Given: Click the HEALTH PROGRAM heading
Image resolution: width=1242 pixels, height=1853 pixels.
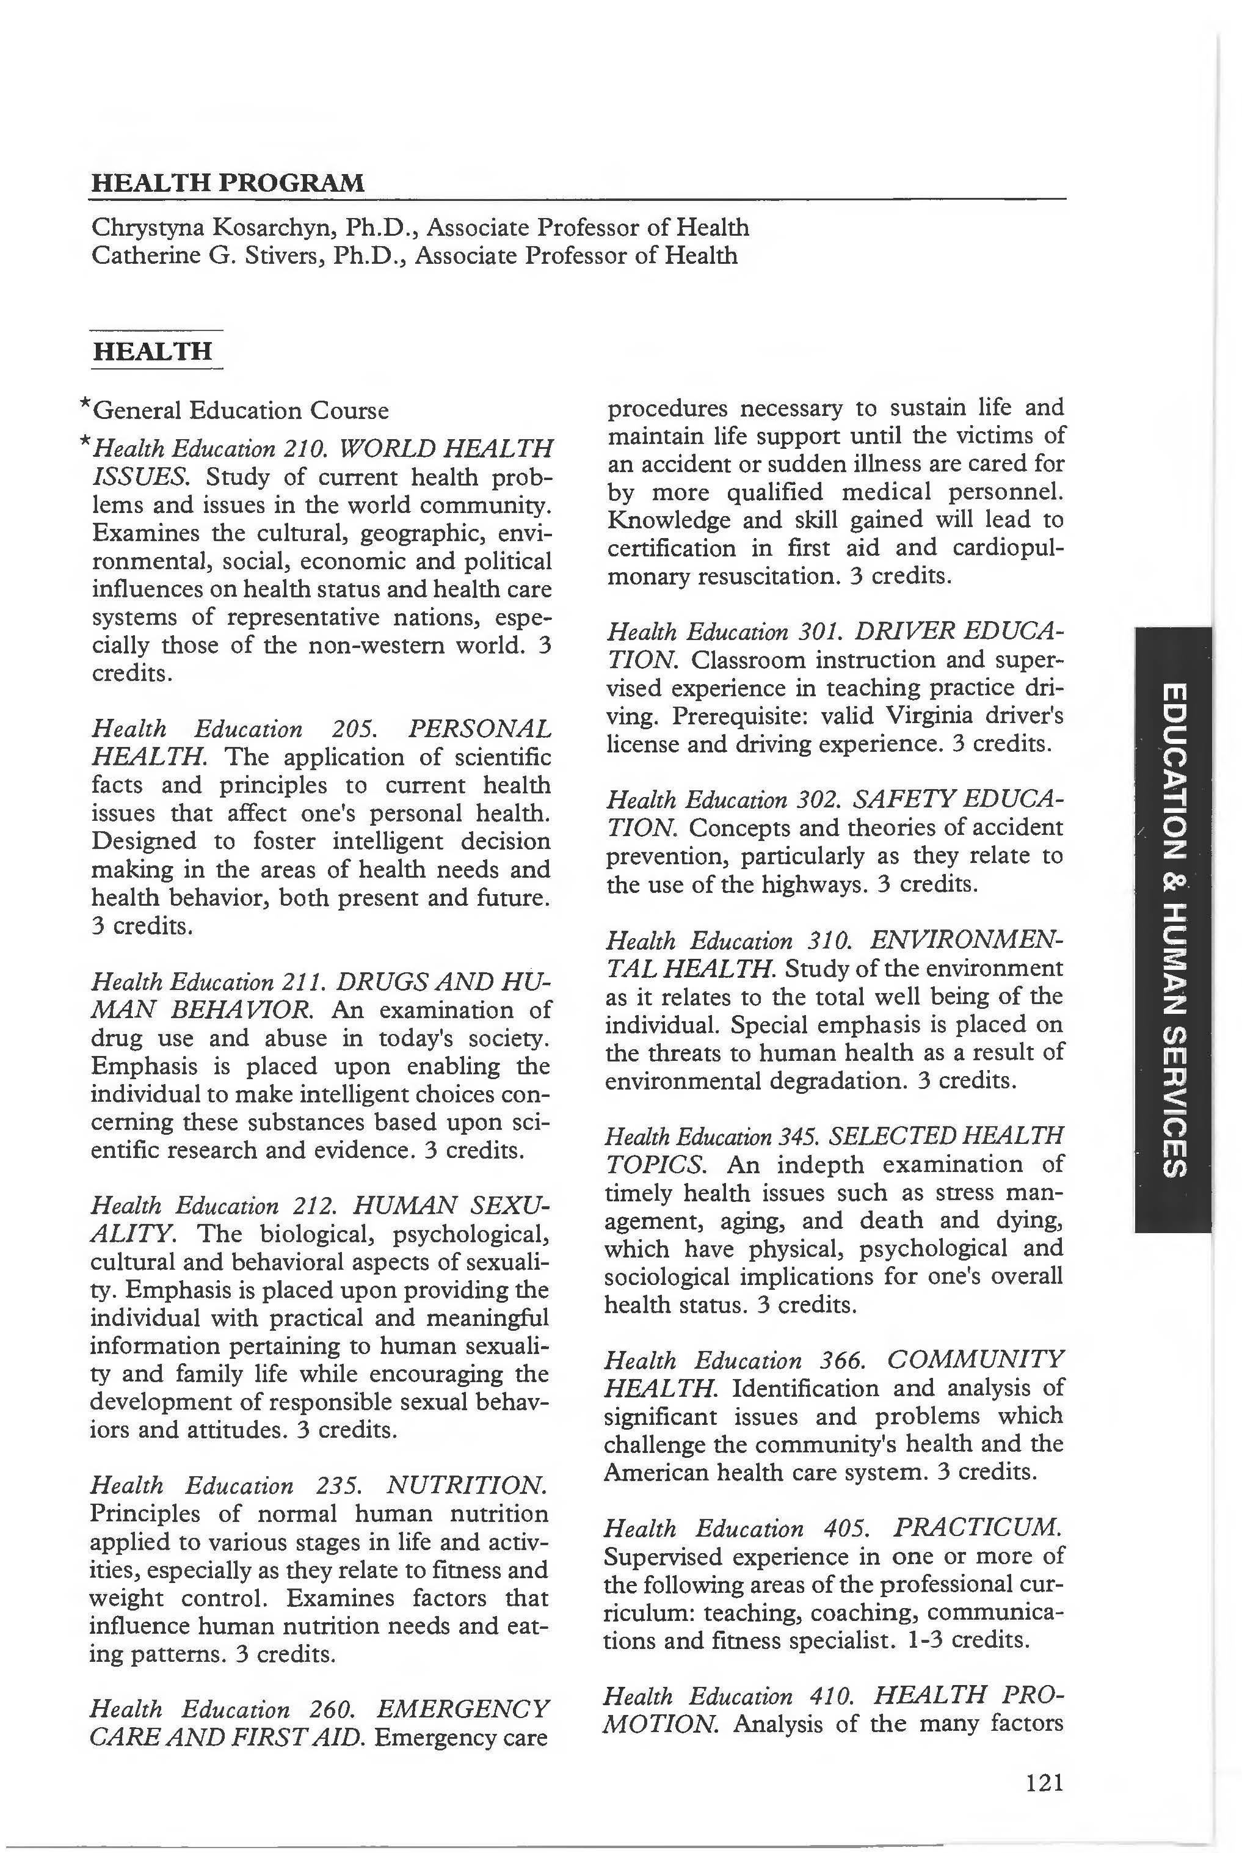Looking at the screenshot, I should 228,183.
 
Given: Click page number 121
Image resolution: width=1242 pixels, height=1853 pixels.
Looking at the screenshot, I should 1044,1783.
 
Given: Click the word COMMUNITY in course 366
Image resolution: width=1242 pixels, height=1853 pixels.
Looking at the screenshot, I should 975,1360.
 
